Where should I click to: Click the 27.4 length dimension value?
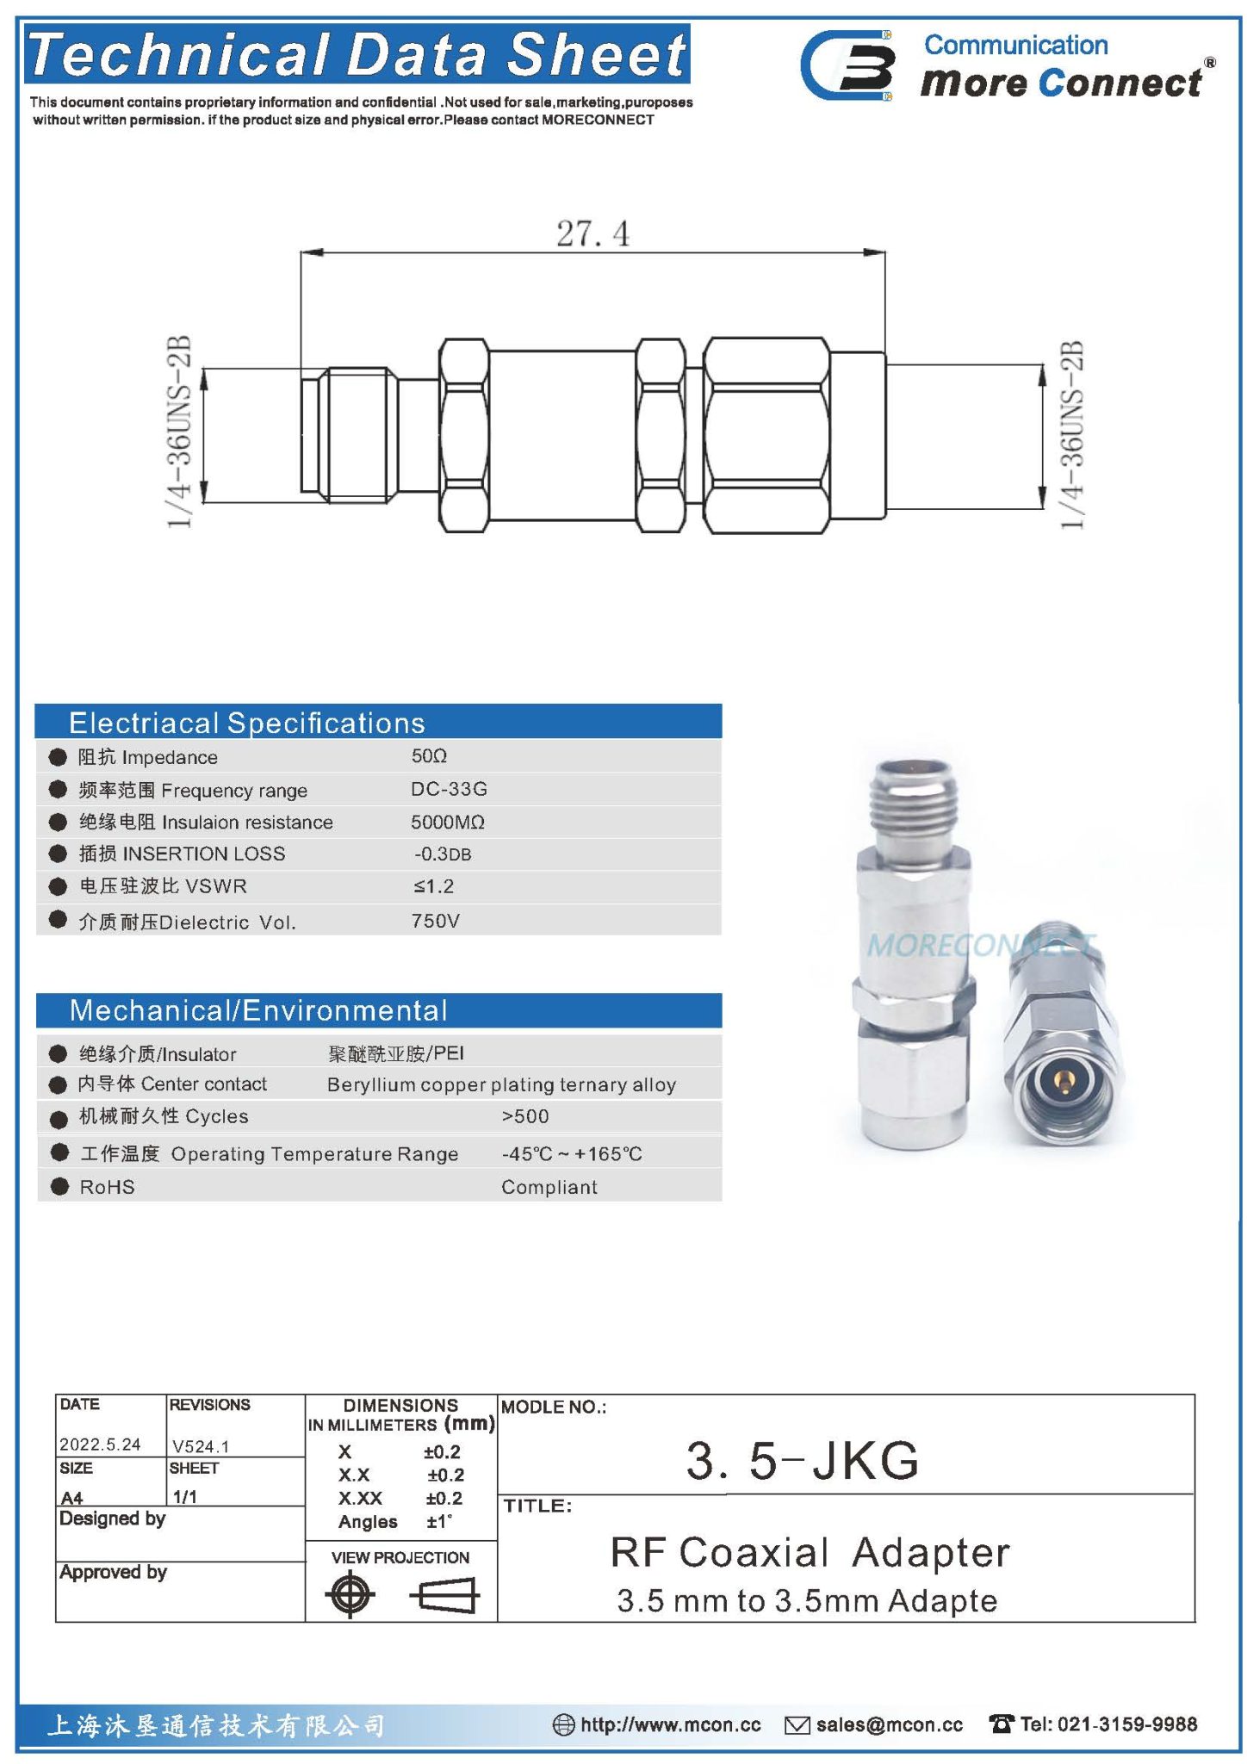pos(592,233)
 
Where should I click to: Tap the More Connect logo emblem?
pos(847,65)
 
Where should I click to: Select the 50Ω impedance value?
pos(429,756)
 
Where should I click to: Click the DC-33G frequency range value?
pos(449,789)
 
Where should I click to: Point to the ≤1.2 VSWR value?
pos(433,886)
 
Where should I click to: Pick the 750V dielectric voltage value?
pos(435,921)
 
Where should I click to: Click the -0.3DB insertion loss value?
pos(443,854)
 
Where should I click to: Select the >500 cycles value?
pos(524,1116)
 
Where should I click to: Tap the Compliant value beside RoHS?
pos(549,1187)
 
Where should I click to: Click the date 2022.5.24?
pos(100,1444)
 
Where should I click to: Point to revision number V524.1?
pos(201,1446)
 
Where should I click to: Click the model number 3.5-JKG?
pos(802,1461)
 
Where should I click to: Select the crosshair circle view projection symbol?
pos(351,1594)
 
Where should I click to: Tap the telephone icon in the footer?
pos(1001,1724)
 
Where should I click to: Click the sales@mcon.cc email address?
pos(889,1724)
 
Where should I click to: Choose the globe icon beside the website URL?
pos(563,1724)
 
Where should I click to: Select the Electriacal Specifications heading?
pos(246,723)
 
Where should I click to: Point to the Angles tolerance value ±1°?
pos(439,1522)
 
